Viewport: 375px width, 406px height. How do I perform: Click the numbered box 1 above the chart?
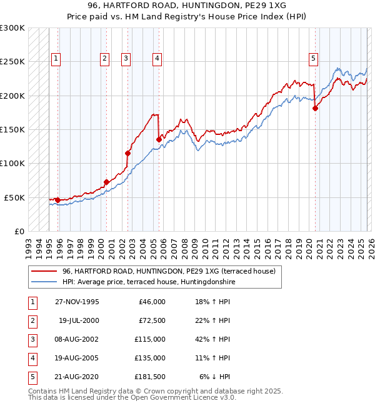coord(56,59)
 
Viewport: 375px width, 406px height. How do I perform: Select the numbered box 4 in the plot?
coord(156,59)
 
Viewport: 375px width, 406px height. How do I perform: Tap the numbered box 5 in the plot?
coord(313,59)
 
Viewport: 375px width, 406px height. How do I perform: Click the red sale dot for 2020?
coord(315,108)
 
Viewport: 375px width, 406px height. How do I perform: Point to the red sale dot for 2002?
coord(128,153)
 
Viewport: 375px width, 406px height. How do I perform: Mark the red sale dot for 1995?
coord(58,200)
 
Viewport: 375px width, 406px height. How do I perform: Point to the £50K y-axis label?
coord(14,197)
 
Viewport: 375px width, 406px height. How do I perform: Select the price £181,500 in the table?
coord(151,377)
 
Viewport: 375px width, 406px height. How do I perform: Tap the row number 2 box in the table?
coord(32,320)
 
